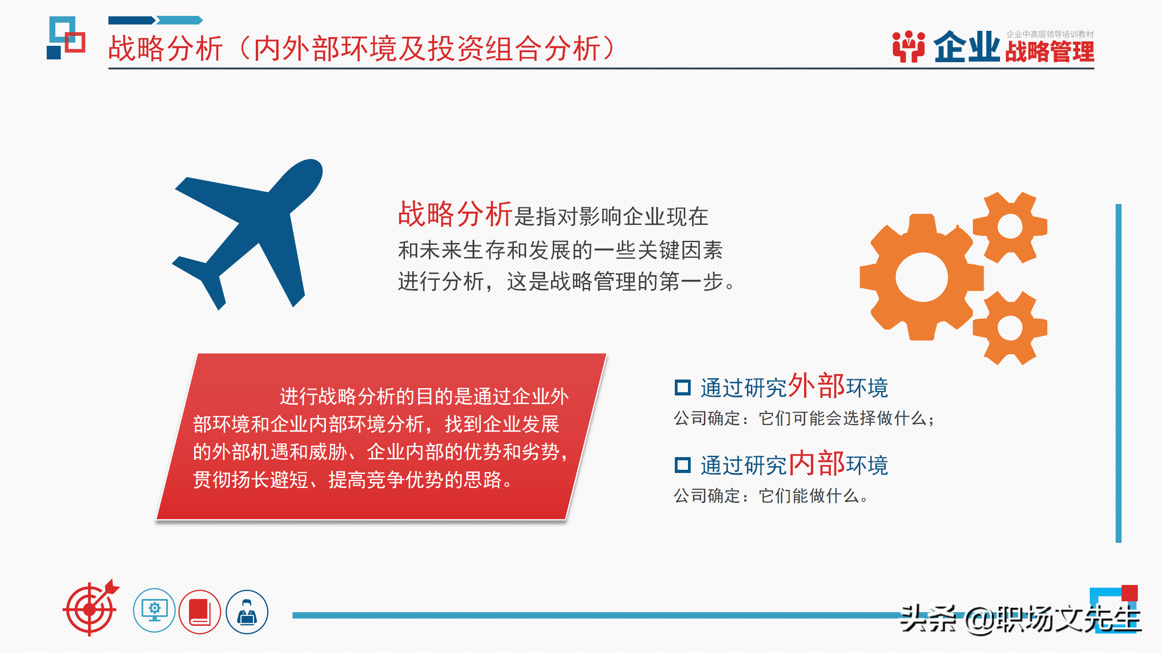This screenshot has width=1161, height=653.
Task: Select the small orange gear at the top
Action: tap(1010, 227)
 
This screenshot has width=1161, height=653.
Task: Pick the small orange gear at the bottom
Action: tap(1010, 327)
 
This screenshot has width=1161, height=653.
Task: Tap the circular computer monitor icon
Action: tap(154, 610)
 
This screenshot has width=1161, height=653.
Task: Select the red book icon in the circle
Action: tap(200, 611)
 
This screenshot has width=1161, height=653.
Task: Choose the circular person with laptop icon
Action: tap(247, 611)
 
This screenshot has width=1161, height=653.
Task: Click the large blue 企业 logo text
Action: tap(966, 47)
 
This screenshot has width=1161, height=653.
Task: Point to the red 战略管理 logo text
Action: tap(1049, 52)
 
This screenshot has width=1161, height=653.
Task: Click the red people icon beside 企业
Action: tap(908, 46)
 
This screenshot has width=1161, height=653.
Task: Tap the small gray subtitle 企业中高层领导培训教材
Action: tap(1049, 34)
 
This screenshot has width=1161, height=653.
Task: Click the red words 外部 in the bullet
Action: tap(816, 386)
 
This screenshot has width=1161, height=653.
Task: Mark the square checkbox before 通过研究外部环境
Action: tap(683, 388)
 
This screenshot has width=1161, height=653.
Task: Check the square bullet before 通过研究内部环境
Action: tap(683, 465)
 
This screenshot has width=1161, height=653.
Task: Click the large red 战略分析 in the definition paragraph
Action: tap(455, 214)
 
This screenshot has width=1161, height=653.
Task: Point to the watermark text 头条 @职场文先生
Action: tap(1020, 619)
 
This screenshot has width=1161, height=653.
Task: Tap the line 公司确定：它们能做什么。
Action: tap(771, 496)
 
